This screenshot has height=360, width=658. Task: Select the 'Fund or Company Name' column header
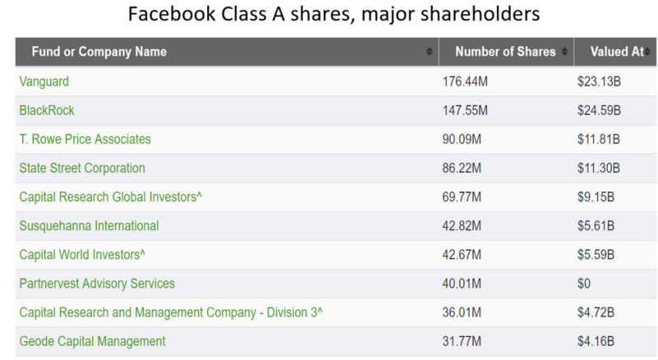click(x=99, y=52)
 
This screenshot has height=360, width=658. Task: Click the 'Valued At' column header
click(x=616, y=52)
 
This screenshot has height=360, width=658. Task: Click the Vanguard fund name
click(x=43, y=81)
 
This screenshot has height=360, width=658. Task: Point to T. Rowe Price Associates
click(x=85, y=139)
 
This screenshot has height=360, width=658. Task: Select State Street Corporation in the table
click(x=81, y=168)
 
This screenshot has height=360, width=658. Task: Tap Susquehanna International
click(x=89, y=225)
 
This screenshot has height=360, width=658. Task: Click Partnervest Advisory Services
click(x=97, y=283)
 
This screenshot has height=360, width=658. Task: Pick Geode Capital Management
click(x=92, y=340)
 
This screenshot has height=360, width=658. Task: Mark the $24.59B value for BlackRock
click(x=599, y=110)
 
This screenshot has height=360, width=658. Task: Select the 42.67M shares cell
click(x=462, y=254)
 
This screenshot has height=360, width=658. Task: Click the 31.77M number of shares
click(x=462, y=340)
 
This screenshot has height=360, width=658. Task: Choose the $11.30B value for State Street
click(x=599, y=168)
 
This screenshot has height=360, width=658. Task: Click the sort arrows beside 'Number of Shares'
click(x=564, y=52)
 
